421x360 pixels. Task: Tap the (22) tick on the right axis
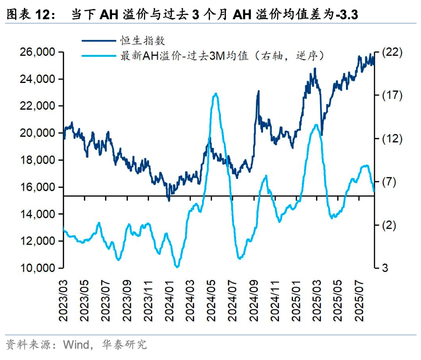coord(393,52)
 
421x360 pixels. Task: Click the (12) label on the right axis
coord(393,139)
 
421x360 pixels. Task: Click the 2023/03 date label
coord(63,300)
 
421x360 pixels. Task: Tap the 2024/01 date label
coord(169,300)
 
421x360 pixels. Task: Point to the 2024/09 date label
coord(254,300)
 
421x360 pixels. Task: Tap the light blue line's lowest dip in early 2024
coord(177,267)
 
